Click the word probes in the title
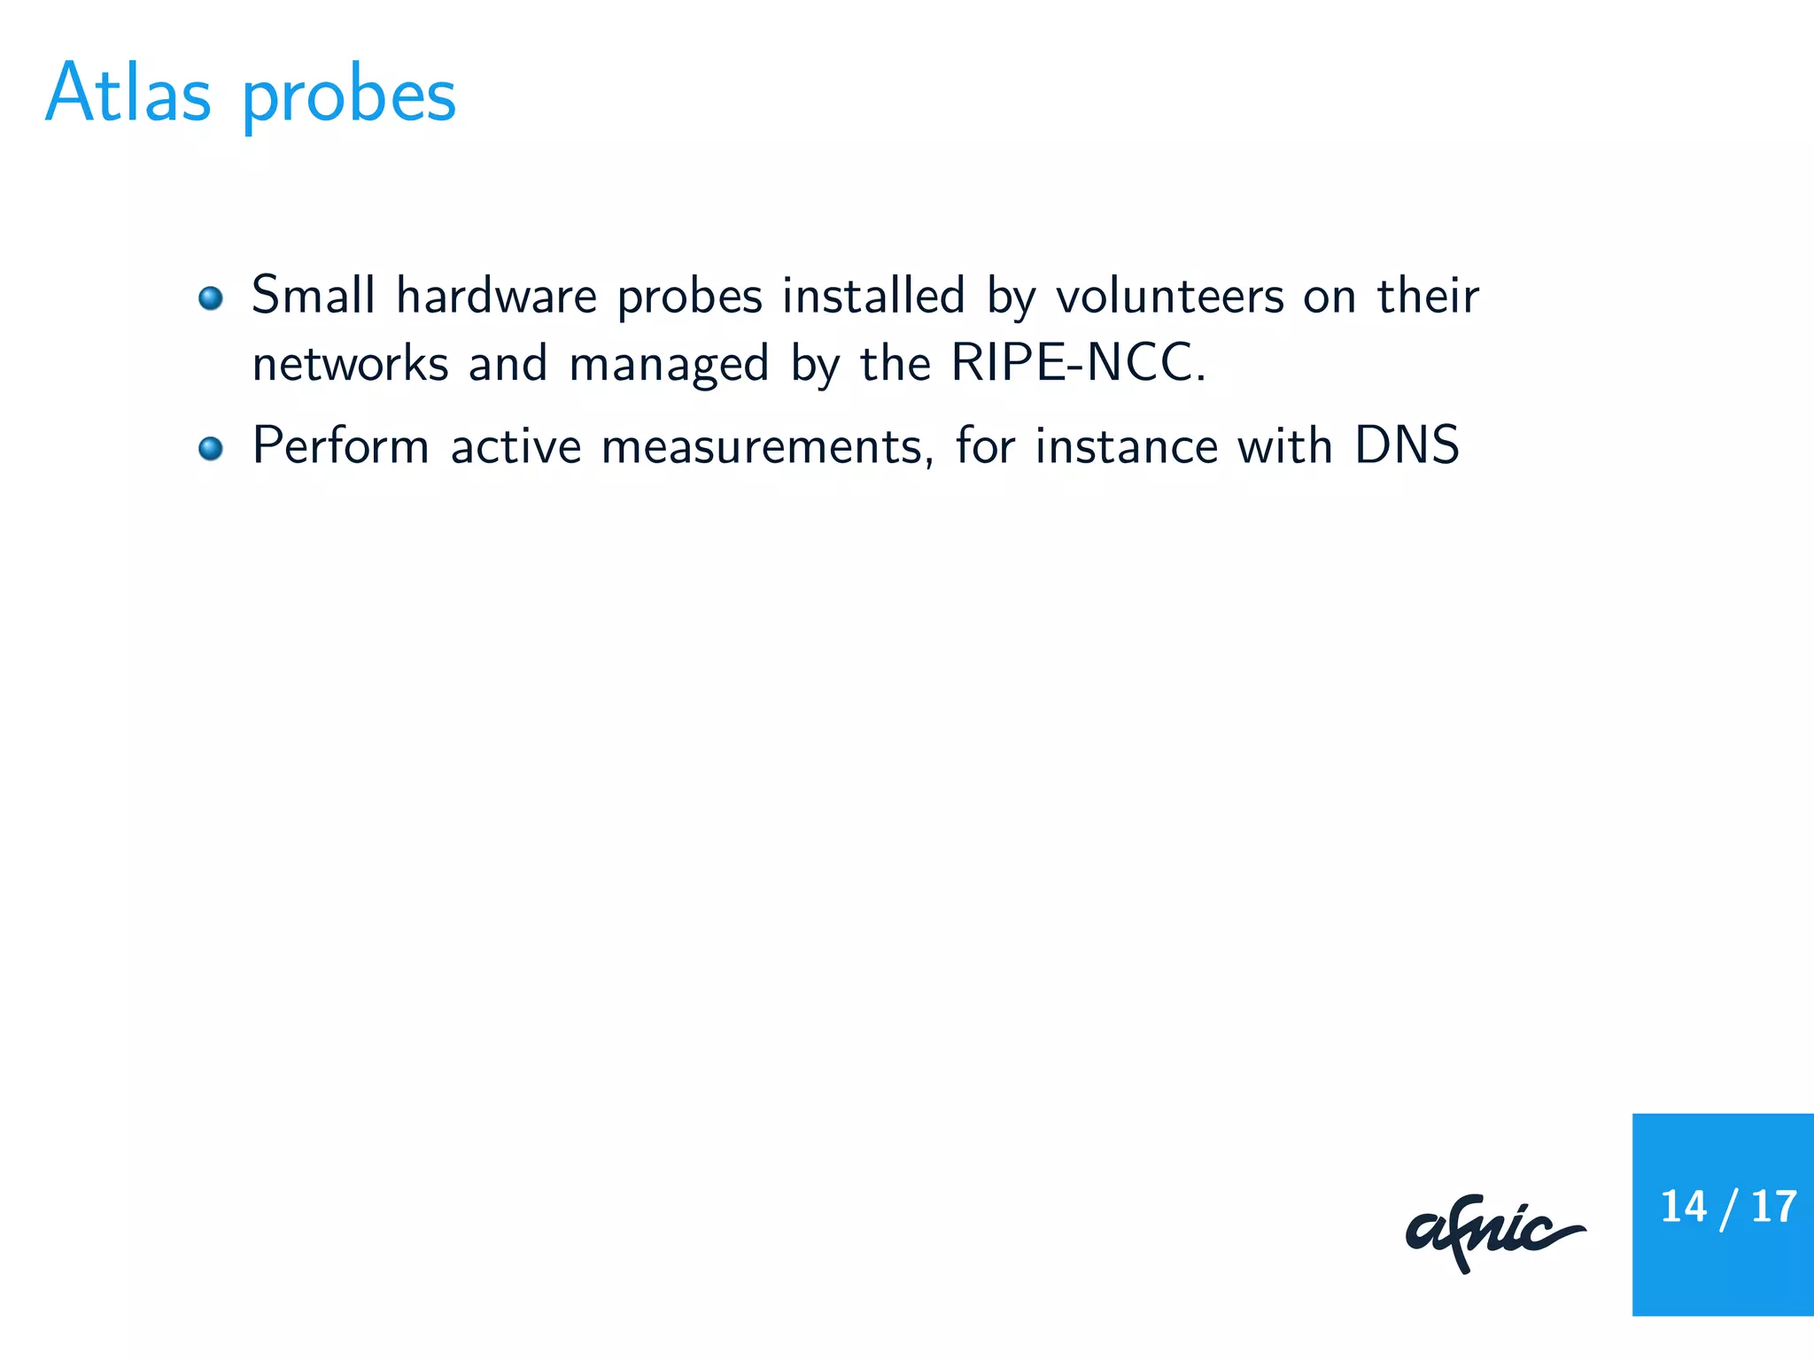[349, 97]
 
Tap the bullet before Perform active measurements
[211, 448]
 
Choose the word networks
[350, 363]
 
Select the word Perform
[341, 445]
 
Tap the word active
[516, 445]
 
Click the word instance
[1127, 445]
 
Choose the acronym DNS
[1407, 445]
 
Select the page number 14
[1683, 1207]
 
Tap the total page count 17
[1773, 1207]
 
